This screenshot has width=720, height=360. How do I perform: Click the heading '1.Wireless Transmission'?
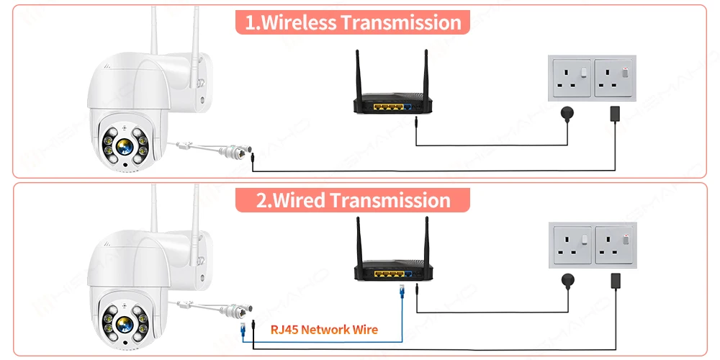click(353, 22)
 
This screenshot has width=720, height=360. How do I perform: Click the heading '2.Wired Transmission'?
click(353, 199)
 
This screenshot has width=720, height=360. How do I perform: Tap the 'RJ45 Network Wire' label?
click(324, 330)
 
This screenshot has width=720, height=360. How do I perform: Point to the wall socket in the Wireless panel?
click(593, 79)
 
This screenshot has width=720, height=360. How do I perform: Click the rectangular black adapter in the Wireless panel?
click(616, 113)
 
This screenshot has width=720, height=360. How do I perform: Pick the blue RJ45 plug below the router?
click(402, 292)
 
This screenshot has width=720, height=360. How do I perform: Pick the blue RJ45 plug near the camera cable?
click(244, 330)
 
